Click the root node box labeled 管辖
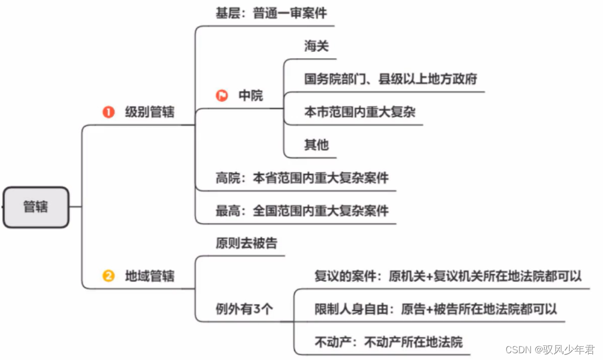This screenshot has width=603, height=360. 35,207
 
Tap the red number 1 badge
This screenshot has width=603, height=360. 108,112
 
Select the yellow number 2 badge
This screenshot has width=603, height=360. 108,276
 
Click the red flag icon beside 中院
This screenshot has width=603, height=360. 222,95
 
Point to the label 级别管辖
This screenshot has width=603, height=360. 150,112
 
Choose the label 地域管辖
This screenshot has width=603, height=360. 150,276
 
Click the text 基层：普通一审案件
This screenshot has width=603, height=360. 271,13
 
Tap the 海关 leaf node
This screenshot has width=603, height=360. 317,46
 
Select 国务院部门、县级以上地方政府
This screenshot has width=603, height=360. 391,79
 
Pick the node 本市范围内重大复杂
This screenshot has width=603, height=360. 360,112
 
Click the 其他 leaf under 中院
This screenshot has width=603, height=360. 317,145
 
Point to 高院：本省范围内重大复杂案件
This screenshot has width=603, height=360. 302,178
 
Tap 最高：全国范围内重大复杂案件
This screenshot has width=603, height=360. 302,211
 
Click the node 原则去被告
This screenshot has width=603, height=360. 246,243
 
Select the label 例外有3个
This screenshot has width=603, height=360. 244,309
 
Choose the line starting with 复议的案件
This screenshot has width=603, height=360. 448,276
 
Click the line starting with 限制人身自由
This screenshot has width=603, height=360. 436,309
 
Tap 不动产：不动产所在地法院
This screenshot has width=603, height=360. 389,342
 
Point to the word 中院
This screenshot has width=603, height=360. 251,95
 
